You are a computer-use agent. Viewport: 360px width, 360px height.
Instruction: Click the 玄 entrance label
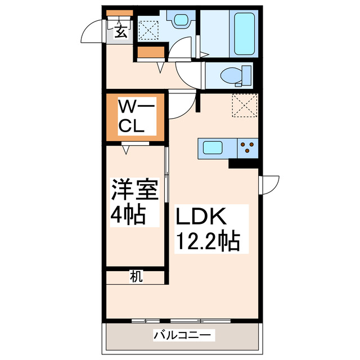[121, 31]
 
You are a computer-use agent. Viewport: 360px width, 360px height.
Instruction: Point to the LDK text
[202, 218]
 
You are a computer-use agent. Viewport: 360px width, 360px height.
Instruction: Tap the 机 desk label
[136, 276]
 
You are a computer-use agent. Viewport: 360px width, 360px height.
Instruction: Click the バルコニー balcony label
[183, 335]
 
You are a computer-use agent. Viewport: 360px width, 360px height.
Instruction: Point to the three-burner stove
[247, 149]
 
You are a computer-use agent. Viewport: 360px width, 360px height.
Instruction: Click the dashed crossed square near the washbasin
[149, 28]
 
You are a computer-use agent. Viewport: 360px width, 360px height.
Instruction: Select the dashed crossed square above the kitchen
[244, 106]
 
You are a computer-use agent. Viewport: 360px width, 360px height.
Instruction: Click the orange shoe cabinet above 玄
[119, 13]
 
